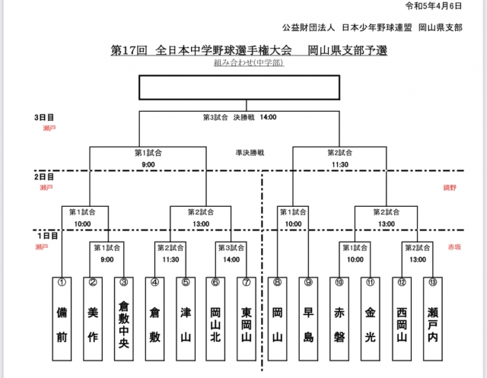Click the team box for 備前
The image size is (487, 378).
(62, 319)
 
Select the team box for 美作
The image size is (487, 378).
(93, 319)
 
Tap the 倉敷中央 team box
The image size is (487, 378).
(123, 319)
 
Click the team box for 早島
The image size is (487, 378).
(309, 319)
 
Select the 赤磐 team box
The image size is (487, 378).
(339, 319)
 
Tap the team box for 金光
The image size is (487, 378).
(371, 319)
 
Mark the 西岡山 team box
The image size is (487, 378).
(402, 319)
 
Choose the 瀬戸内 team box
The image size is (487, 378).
(433, 319)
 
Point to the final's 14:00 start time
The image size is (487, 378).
(268, 118)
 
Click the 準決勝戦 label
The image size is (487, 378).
(250, 152)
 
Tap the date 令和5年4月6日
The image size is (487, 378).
(454, 6)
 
